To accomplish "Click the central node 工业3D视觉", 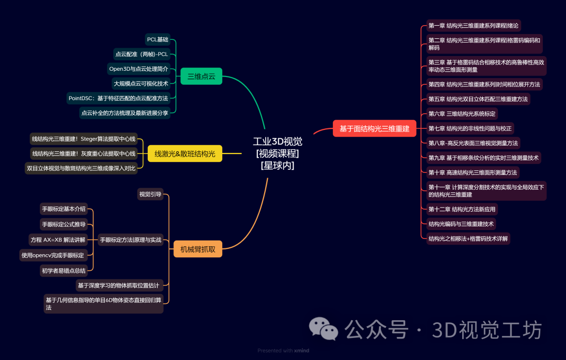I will coord(277,153).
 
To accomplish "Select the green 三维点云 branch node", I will coord(201,77).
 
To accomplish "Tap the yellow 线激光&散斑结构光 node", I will coord(184,154).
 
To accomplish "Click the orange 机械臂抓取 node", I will coord(198,249).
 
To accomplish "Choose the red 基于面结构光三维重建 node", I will coord(374,128).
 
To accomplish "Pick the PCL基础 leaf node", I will coord(158,39).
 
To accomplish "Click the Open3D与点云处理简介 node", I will coord(138,69).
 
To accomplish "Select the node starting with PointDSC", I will coord(118,98).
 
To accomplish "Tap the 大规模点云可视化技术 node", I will coord(141,83).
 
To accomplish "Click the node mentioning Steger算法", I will coord(84,139).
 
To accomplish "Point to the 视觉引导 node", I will coord(150,194).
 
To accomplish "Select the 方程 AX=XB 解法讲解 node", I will coord(58,239).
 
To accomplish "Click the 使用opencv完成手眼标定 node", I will coord(53,255).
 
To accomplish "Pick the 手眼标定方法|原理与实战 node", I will coord(130,239).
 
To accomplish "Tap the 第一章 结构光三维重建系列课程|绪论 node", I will coord(473,26).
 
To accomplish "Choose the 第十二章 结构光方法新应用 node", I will coord(461,209).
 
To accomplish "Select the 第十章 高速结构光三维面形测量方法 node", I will coord(472,172).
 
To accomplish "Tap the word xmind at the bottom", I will coord(301,351).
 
